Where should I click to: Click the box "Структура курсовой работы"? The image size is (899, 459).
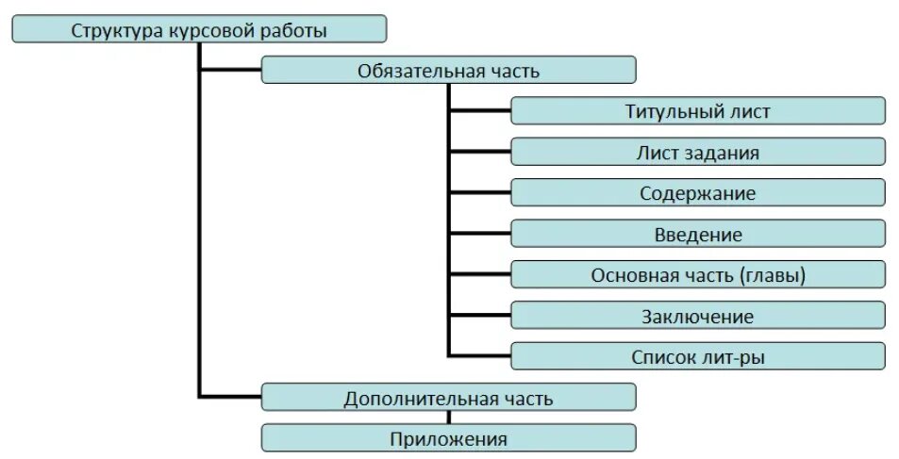[199, 29]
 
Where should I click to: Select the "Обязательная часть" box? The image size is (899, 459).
[448, 71]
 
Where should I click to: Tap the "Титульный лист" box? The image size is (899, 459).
[698, 111]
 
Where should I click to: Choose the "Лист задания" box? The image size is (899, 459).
[698, 152]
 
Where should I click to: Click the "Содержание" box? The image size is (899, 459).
[698, 193]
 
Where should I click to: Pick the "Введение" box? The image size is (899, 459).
[698, 234]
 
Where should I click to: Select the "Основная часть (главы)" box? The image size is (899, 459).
[698, 275]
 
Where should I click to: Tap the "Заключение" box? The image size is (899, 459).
[698, 316]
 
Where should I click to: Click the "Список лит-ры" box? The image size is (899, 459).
[698, 356]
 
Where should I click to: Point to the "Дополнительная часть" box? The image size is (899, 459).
[448, 398]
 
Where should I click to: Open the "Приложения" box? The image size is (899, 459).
[448, 438]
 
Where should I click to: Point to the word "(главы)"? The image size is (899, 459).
[773, 275]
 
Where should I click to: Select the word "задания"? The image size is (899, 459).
[724, 153]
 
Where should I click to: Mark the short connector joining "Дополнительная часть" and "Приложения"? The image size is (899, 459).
[449, 418]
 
